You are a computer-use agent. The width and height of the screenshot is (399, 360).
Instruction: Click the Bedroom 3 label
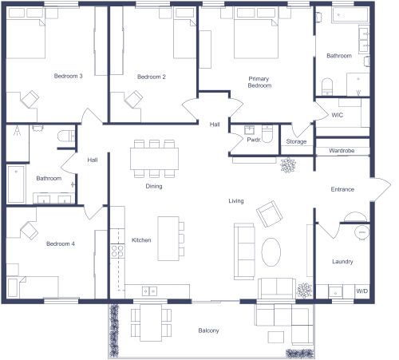click(x=68, y=77)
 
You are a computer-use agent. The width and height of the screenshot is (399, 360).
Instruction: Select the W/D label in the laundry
click(x=361, y=291)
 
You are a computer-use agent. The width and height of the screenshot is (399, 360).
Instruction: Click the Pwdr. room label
click(x=255, y=140)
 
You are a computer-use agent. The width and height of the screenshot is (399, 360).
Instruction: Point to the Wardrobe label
click(x=342, y=149)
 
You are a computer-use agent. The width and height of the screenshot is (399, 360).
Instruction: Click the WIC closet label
click(x=338, y=115)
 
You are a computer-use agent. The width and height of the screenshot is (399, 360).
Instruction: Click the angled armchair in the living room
click(x=269, y=214)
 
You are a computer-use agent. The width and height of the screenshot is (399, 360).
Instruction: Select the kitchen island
click(x=168, y=238)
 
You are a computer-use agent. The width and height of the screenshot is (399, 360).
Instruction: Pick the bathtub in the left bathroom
click(x=17, y=183)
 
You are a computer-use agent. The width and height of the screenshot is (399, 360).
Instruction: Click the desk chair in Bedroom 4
click(x=29, y=230)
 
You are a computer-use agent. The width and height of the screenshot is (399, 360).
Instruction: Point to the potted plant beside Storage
click(x=286, y=165)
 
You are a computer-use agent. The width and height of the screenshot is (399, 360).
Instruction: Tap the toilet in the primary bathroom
click(x=327, y=85)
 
